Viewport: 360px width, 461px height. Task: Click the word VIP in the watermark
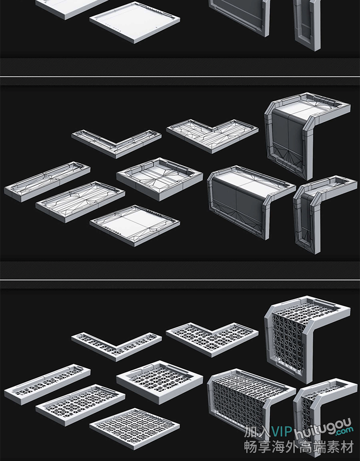click(x=282, y=432)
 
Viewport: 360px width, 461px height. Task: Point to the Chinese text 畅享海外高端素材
click(x=299, y=447)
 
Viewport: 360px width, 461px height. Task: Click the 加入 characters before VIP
click(x=257, y=432)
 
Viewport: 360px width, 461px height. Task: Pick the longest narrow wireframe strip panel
click(x=47, y=181)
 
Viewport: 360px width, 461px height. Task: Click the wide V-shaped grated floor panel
click(x=212, y=339)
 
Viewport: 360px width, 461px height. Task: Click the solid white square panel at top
click(x=134, y=23)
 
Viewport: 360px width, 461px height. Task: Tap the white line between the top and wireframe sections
click(x=180, y=77)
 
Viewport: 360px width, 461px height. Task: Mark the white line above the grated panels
click(x=180, y=280)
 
